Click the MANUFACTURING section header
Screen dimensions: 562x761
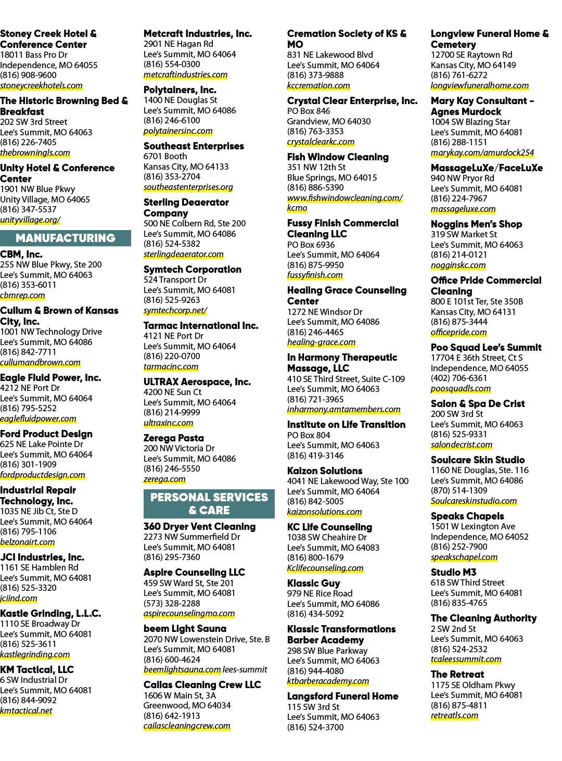coord(65,238)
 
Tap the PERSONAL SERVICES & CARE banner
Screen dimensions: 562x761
coord(209,503)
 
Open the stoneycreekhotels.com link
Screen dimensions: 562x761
coord(41,85)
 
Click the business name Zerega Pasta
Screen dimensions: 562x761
coord(174,438)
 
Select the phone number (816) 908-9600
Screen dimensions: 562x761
coord(28,75)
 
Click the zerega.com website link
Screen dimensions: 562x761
coord(164,479)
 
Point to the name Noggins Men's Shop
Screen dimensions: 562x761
coord(476,224)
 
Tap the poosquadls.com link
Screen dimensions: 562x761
coord(461,388)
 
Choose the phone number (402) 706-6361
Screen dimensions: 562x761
coord(459,378)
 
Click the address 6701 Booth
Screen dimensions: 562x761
coord(165,157)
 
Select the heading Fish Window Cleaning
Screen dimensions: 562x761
coord(338,157)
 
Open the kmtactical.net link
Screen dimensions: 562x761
coord(26,711)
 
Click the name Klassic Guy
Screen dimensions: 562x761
coord(314,584)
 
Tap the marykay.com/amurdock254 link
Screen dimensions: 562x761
coord(482,153)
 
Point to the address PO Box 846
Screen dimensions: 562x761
coord(309,111)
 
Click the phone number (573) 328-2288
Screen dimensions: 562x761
coord(172,603)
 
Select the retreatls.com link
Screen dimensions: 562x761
coord(455,716)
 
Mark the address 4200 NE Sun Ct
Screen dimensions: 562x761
coord(172,392)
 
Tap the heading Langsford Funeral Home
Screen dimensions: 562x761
coord(343,696)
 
